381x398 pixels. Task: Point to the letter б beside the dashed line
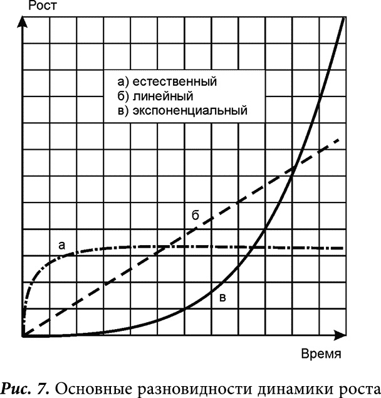pos(195,215)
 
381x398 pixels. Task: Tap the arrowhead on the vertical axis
pos(23,21)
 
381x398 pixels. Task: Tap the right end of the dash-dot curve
pos(343,248)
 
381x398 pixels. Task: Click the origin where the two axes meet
pos(23,337)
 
